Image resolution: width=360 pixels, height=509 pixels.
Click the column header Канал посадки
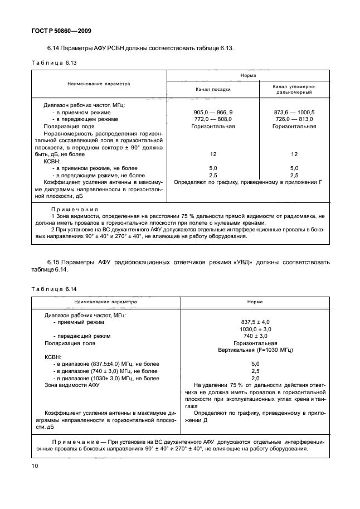[x=212, y=89]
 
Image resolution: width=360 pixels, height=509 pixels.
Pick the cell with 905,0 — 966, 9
[x=212, y=112]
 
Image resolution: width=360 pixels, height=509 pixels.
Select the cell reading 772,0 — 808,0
[x=212, y=119]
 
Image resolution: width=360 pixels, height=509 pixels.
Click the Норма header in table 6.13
[x=248, y=75]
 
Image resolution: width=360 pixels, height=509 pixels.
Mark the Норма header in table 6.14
[x=255, y=302]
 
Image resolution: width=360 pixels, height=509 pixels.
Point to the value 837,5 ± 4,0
[x=255, y=322]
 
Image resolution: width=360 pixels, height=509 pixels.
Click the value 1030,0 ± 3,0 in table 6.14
[x=255, y=329]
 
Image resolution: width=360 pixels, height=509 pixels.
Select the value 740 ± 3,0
[x=255, y=336]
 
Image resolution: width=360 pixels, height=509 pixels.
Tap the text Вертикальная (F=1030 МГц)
[x=255, y=350]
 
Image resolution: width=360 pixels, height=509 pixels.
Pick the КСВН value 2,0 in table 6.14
[x=255, y=378]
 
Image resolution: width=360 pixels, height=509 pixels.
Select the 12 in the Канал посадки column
[x=212, y=154]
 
